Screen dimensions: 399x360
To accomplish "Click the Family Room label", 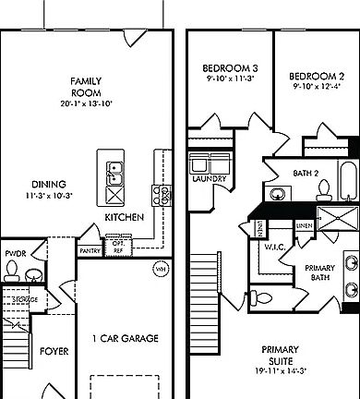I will click(x=86, y=87).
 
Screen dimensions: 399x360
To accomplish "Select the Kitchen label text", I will click(x=123, y=216).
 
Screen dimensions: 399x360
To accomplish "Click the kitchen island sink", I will click(x=115, y=173).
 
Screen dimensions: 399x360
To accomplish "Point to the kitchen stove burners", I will click(x=162, y=195).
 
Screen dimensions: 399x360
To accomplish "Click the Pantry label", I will click(x=90, y=249).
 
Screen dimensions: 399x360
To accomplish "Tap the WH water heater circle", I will click(x=160, y=269).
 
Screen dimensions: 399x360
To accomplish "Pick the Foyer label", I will click(x=48, y=351).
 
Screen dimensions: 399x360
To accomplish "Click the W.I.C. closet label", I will click(x=273, y=247).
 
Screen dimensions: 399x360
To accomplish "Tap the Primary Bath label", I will click(x=318, y=272).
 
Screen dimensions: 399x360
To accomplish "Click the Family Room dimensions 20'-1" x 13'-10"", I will click(x=86, y=103).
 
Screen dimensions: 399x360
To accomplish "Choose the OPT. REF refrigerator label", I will click(x=117, y=247).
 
